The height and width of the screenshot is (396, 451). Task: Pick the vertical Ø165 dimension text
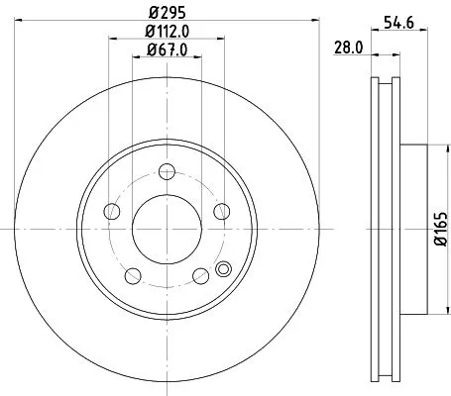[x=438, y=229]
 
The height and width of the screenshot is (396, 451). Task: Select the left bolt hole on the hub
[x=111, y=211]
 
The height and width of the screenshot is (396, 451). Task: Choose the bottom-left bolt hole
[x=133, y=274]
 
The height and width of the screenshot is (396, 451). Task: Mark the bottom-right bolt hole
[x=199, y=274]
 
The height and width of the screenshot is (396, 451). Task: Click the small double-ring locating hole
[x=222, y=267]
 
